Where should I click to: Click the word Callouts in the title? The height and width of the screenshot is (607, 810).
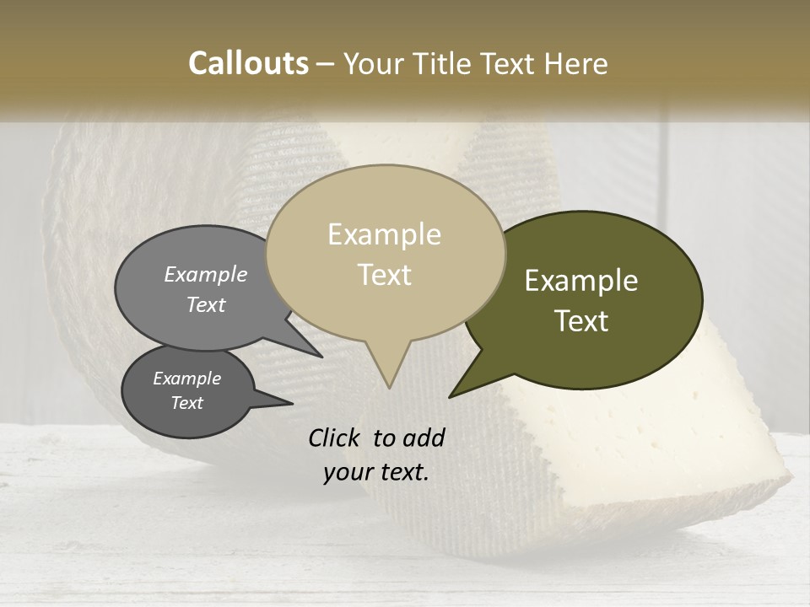pos(248,63)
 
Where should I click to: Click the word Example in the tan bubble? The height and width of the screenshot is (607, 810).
pos(384,234)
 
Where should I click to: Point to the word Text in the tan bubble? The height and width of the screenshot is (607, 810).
pos(384,275)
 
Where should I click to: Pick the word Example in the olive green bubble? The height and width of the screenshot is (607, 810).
pos(581,281)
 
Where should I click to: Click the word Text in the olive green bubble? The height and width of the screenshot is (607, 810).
pos(581,321)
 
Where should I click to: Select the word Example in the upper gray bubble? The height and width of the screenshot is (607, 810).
pos(206,275)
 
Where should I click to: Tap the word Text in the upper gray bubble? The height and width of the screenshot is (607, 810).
pos(206,304)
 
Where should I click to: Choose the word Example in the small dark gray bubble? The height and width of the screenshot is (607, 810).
pos(186,379)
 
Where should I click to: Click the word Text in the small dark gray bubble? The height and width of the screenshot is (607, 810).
pos(186,403)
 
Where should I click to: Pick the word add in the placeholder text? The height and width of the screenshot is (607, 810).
pos(424,438)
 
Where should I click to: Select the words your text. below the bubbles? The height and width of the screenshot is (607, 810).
pos(376,472)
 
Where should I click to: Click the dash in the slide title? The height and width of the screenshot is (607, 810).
pos(326,63)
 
